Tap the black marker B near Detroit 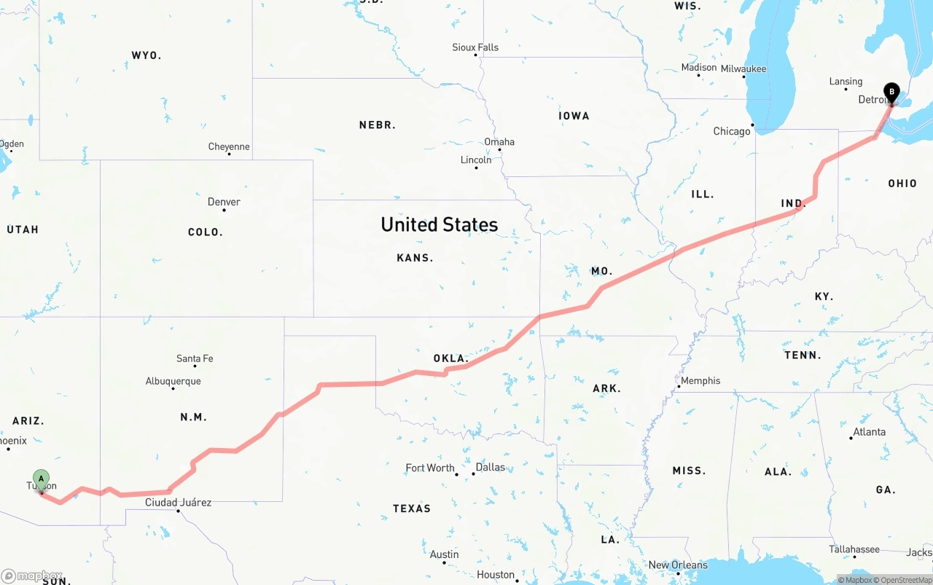point(891,93)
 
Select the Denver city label point(224,202)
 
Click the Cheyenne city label point(229,146)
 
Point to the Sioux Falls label point(475,47)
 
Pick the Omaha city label point(499,142)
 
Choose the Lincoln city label point(476,160)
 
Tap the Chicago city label point(732,131)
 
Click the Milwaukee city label point(743,68)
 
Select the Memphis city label point(700,380)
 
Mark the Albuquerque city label point(173,381)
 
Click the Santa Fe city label point(195,358)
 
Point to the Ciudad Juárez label point(178,502)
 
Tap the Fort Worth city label point(430,468)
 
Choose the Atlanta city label point(870,431)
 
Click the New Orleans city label point(678,565)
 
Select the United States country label point(440,224)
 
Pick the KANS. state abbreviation point(415,257)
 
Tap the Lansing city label point(846,82)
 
